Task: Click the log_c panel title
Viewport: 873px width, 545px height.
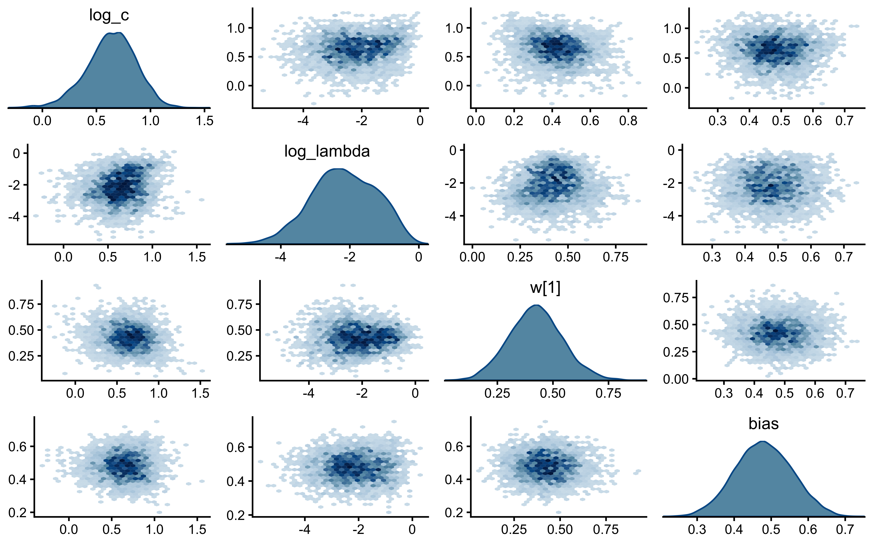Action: pyautogui.click(x=109, y=15)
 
